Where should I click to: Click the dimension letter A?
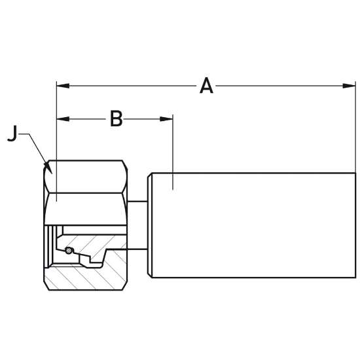pyautogui.click(x=206, y=86)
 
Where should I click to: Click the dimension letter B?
pyautogui.click(x=116, y=118)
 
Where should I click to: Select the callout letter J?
pyautogui.click(x=12, y=133)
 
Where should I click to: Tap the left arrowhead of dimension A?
pyautogui.click(x=63, y=86)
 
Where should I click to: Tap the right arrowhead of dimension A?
pyautogui.click(x=349, y=86)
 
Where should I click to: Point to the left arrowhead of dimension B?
pyautogui.click(x=63, y=119)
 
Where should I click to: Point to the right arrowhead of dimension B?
pyautogui.click(x=166, y=119)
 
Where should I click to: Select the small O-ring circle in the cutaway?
pyautogui.click(x=68, y=251)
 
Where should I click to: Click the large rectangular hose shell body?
pyautogui.click(x=253, y=225)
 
